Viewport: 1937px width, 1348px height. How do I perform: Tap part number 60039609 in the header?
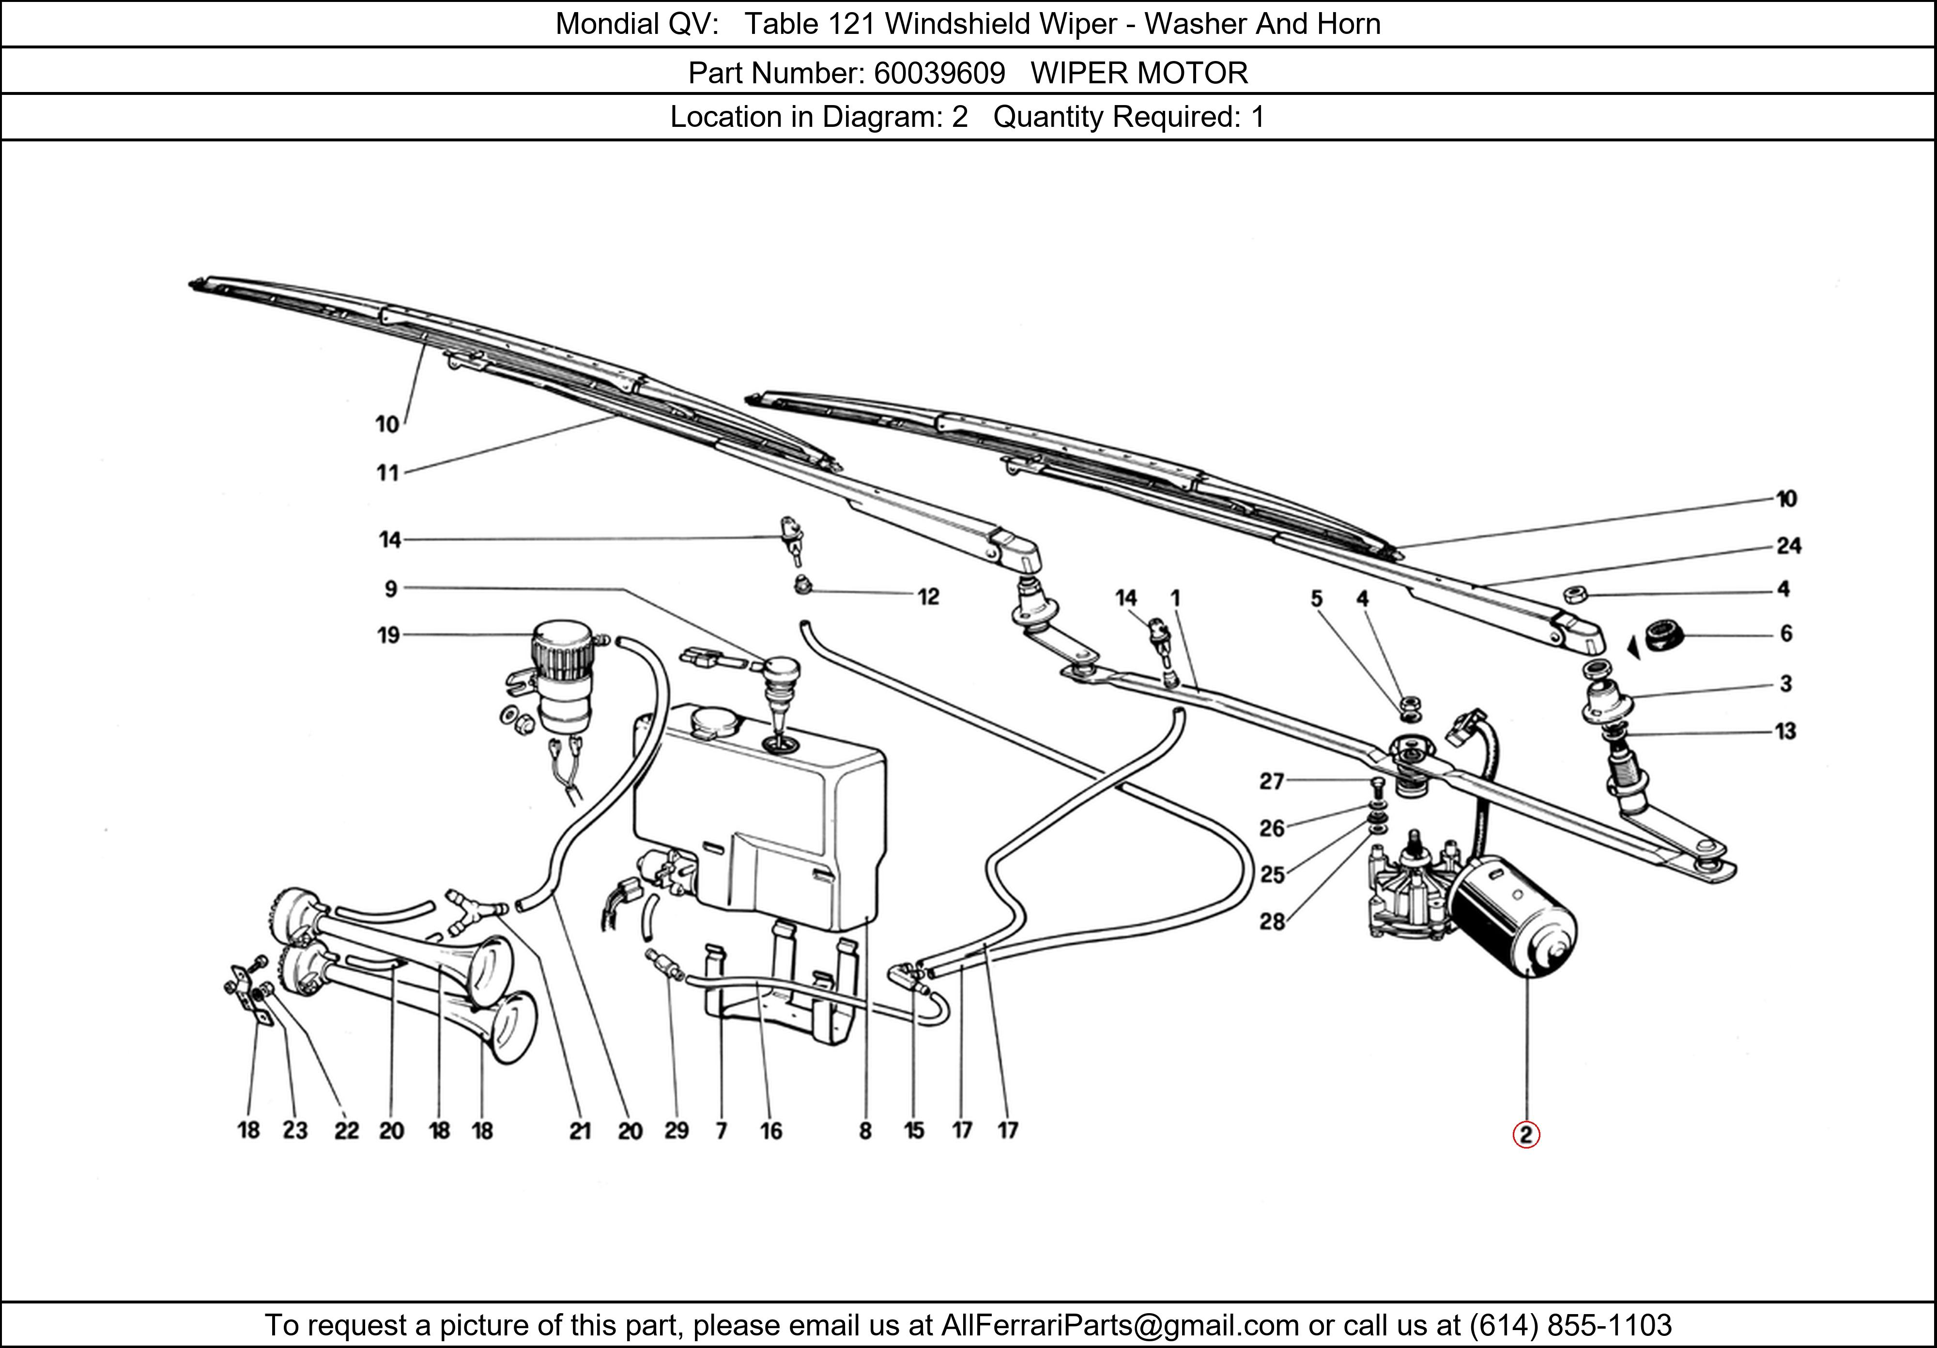click(x=939, y=74)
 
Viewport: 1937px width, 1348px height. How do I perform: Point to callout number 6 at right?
click(x=1785, y=633)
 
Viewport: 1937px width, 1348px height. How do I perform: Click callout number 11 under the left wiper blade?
click(x=387, y=473)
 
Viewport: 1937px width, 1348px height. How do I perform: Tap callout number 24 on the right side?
click(x=1788, y=546)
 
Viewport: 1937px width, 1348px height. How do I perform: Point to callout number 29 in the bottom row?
click(x=676, y=1131)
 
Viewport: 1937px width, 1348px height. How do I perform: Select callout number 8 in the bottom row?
click(x=865, y=1131)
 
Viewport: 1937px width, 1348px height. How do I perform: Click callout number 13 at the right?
click(x=1785, y=731)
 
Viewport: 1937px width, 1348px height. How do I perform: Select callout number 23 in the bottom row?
click(x=294, y=1131)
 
